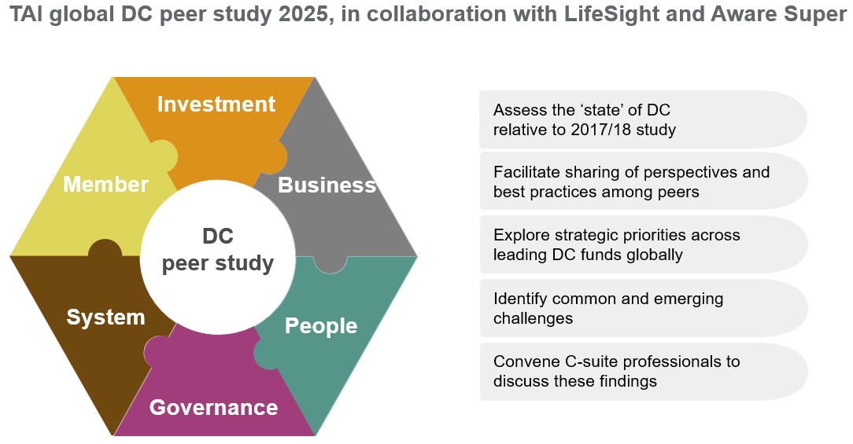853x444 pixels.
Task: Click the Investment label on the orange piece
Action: coord(216,105)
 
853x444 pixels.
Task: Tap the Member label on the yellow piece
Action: coord(105,185)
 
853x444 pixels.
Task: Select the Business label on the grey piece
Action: coord(327,185)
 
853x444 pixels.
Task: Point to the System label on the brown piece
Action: coord(105,317)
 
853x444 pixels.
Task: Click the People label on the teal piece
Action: coord(321,325)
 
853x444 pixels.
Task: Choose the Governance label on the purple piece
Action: coord(213,408)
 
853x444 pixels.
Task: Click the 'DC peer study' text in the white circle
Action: coord(218,250)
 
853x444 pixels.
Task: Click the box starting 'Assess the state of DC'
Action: coord(643,119)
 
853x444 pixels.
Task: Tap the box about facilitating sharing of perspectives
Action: coord(643,182)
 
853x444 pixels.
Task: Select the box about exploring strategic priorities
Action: coord(643,245)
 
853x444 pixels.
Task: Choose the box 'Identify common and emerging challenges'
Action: coord(643,309)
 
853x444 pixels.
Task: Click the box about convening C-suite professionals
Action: coord(643,372)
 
